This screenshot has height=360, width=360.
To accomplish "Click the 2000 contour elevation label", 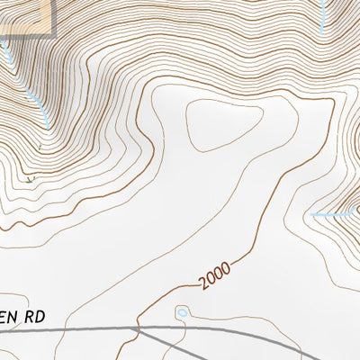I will click(216, 275).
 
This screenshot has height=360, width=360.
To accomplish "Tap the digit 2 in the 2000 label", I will click(206, 285).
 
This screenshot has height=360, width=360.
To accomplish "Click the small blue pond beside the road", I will click(183, 312).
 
